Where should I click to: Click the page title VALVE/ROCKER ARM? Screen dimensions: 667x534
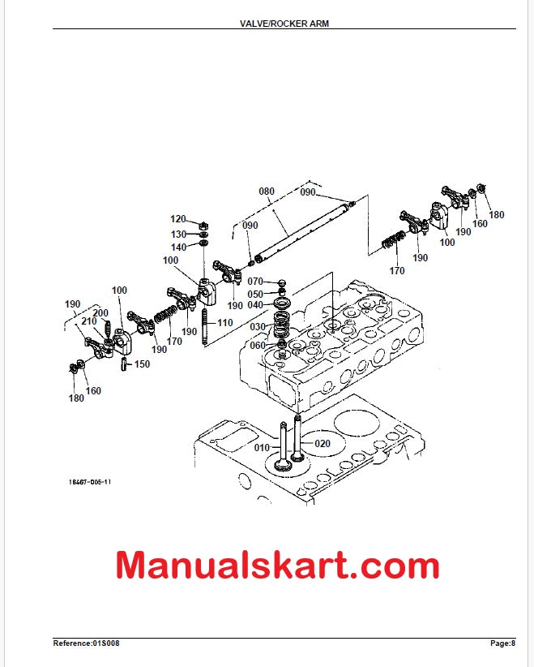tap(284, 24)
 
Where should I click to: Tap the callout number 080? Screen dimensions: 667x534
tap(267, 192)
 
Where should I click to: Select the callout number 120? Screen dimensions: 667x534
tap(177, 219)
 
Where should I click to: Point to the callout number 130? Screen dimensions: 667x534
tap(177, 234)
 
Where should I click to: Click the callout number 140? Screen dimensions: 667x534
tap(177, 247)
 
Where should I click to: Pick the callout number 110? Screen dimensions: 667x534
tap(224, 323)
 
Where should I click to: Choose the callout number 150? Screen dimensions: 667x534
tap(142, 364)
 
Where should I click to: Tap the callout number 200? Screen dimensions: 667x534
tap(100, 313)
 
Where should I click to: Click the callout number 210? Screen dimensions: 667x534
tap(88, 322)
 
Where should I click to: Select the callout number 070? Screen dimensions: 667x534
tap(255, 282)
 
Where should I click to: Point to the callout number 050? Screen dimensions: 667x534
tap(255, 294)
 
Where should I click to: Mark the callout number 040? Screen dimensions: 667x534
tap(255, 305)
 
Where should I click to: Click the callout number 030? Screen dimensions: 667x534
tap(257, 327)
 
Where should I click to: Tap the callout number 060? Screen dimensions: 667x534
tap(257, 346)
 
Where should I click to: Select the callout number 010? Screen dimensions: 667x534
tap(263, 447)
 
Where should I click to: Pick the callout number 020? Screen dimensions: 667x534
tap(323, 443)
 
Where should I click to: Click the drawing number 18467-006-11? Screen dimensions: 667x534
tap(90, 481)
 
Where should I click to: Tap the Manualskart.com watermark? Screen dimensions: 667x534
tap(277, 566)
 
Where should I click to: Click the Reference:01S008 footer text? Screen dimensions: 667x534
tap(86, 643)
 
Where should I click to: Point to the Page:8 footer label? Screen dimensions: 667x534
tap(502, 643)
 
